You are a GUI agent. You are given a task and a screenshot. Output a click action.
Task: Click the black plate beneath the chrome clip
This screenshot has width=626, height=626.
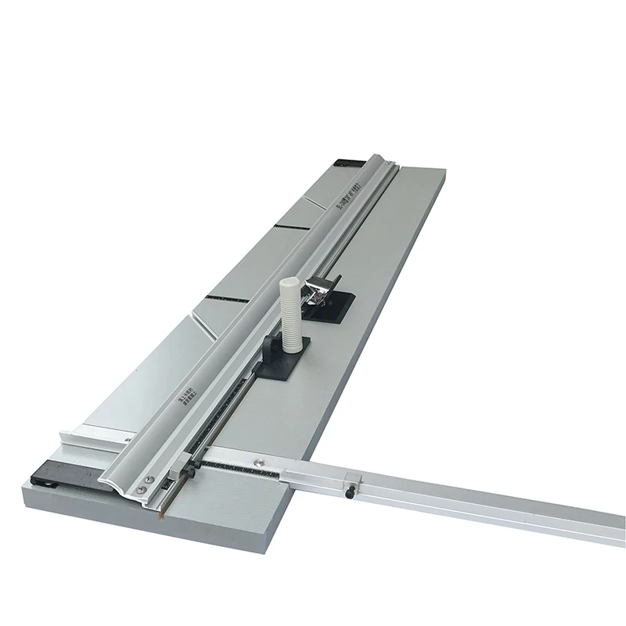pyautogui.click(x=333, y=310)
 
